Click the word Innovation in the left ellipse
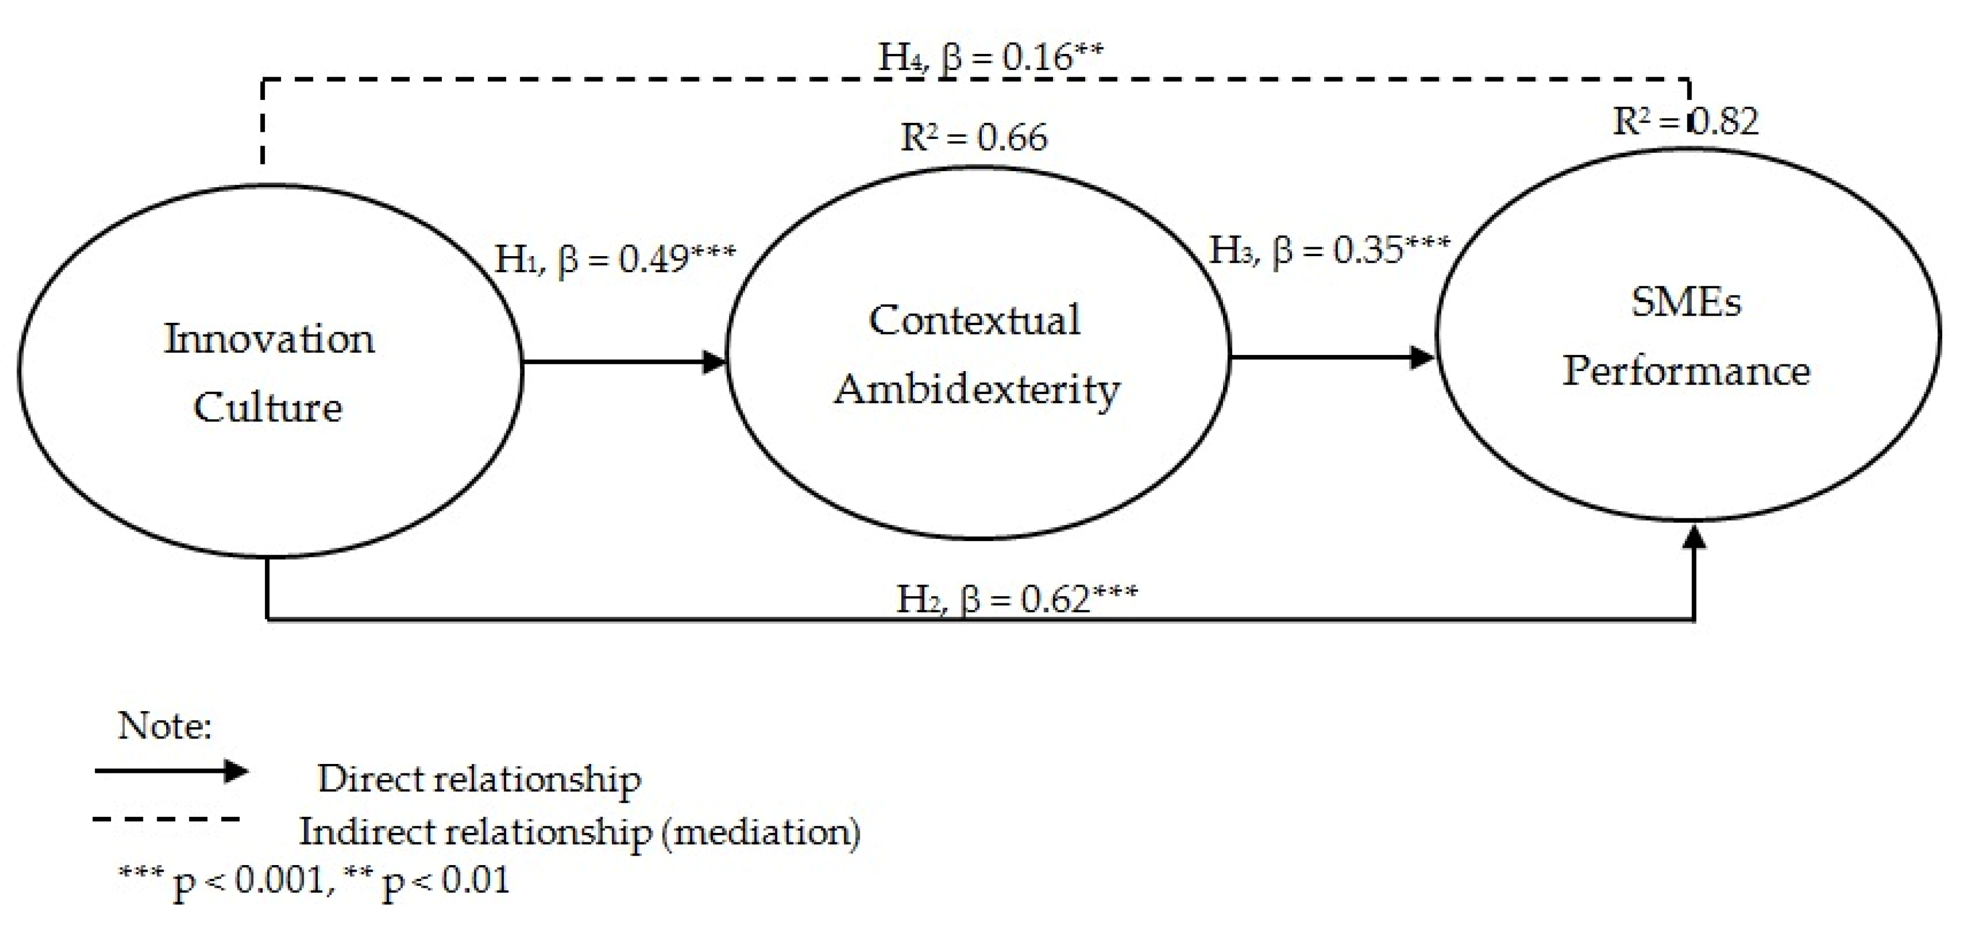[269, 339]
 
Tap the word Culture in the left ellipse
[267, 407]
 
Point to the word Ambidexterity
[977, 390]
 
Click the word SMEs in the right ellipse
[1685, 302]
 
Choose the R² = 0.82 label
[1685, 121]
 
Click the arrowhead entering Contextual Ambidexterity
[715, 362]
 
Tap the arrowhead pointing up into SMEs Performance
[1694, 536]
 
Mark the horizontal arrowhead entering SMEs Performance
[1423, 357]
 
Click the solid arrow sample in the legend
[171, 771]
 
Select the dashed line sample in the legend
[166, 820]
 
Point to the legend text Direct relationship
[479, 779]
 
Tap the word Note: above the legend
[164, 726]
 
